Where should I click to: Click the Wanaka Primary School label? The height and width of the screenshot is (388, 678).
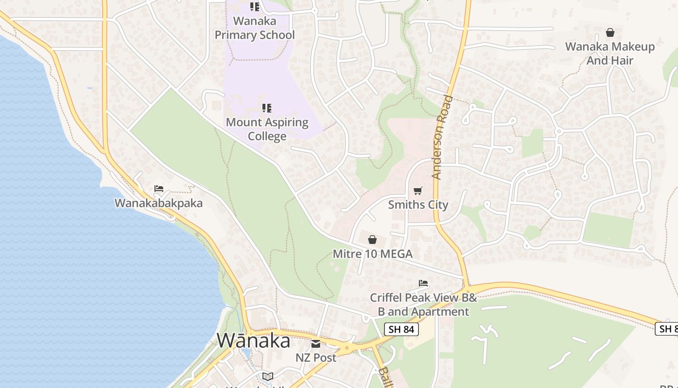tap(254, 28)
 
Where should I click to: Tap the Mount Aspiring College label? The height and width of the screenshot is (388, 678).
tap(267, 129)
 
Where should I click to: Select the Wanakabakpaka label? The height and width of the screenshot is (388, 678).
tap(158, 203)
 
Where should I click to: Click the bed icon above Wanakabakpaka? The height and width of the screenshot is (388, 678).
tap(158, 189)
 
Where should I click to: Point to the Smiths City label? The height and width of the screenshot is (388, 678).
tap(418, 205)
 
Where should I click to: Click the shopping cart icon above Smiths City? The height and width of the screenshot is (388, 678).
tap(418, 191)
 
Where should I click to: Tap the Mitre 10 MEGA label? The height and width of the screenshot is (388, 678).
tap(372, 254)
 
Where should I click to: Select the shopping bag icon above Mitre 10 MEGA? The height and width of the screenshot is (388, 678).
tap(372, 240)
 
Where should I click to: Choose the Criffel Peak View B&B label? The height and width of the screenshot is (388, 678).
tap(423, 304)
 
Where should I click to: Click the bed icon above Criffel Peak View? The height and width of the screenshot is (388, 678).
tap(423, 283)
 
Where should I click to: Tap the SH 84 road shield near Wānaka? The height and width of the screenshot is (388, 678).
tap(401, 329)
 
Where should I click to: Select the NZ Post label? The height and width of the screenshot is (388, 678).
tap(316, 357)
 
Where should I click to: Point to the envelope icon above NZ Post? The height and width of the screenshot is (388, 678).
tap(316, 344)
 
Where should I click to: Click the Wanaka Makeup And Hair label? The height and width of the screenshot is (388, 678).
tap(610, 53)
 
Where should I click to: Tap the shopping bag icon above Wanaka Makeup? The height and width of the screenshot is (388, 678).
tap(610, 32)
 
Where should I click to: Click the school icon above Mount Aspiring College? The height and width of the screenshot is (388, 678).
tap(267, 108)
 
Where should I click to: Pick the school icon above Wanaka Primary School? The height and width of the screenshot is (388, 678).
tap(254, 7)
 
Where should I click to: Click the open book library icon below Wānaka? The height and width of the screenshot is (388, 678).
tap(267, 376)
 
